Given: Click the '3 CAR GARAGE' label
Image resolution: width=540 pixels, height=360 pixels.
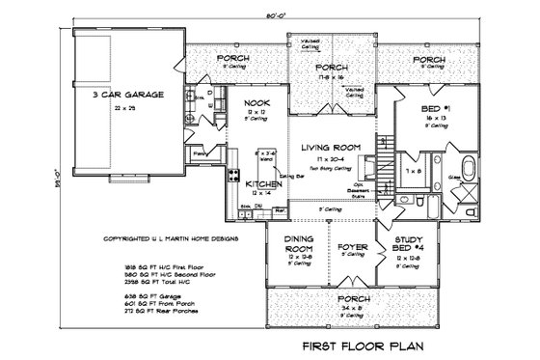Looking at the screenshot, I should pos(124,96).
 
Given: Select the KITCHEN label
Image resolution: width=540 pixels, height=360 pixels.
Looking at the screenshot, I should pos(262,183).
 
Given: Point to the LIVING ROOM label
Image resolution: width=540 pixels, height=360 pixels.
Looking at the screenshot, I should pos(330,147).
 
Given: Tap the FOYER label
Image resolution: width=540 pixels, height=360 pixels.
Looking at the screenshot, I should pos(352,246).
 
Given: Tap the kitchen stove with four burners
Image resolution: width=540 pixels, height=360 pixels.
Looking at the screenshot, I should pos(232,175).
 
